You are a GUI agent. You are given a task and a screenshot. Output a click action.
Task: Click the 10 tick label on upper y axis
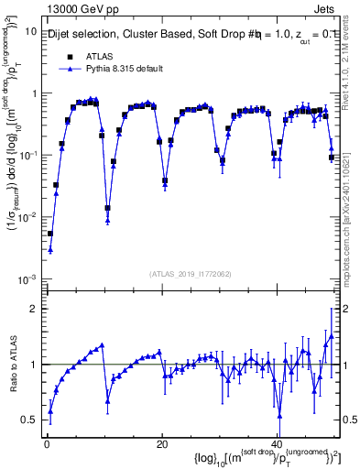click(x=30, y=31)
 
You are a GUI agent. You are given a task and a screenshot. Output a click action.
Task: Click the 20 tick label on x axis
click(x=162, y=444)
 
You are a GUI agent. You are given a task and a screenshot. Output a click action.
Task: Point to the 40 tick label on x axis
click(x=277, y=444)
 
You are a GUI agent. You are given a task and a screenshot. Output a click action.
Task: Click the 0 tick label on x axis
click(x=46, y=444)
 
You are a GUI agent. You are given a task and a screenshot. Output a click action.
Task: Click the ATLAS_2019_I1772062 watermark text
click(x=191, y=273)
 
